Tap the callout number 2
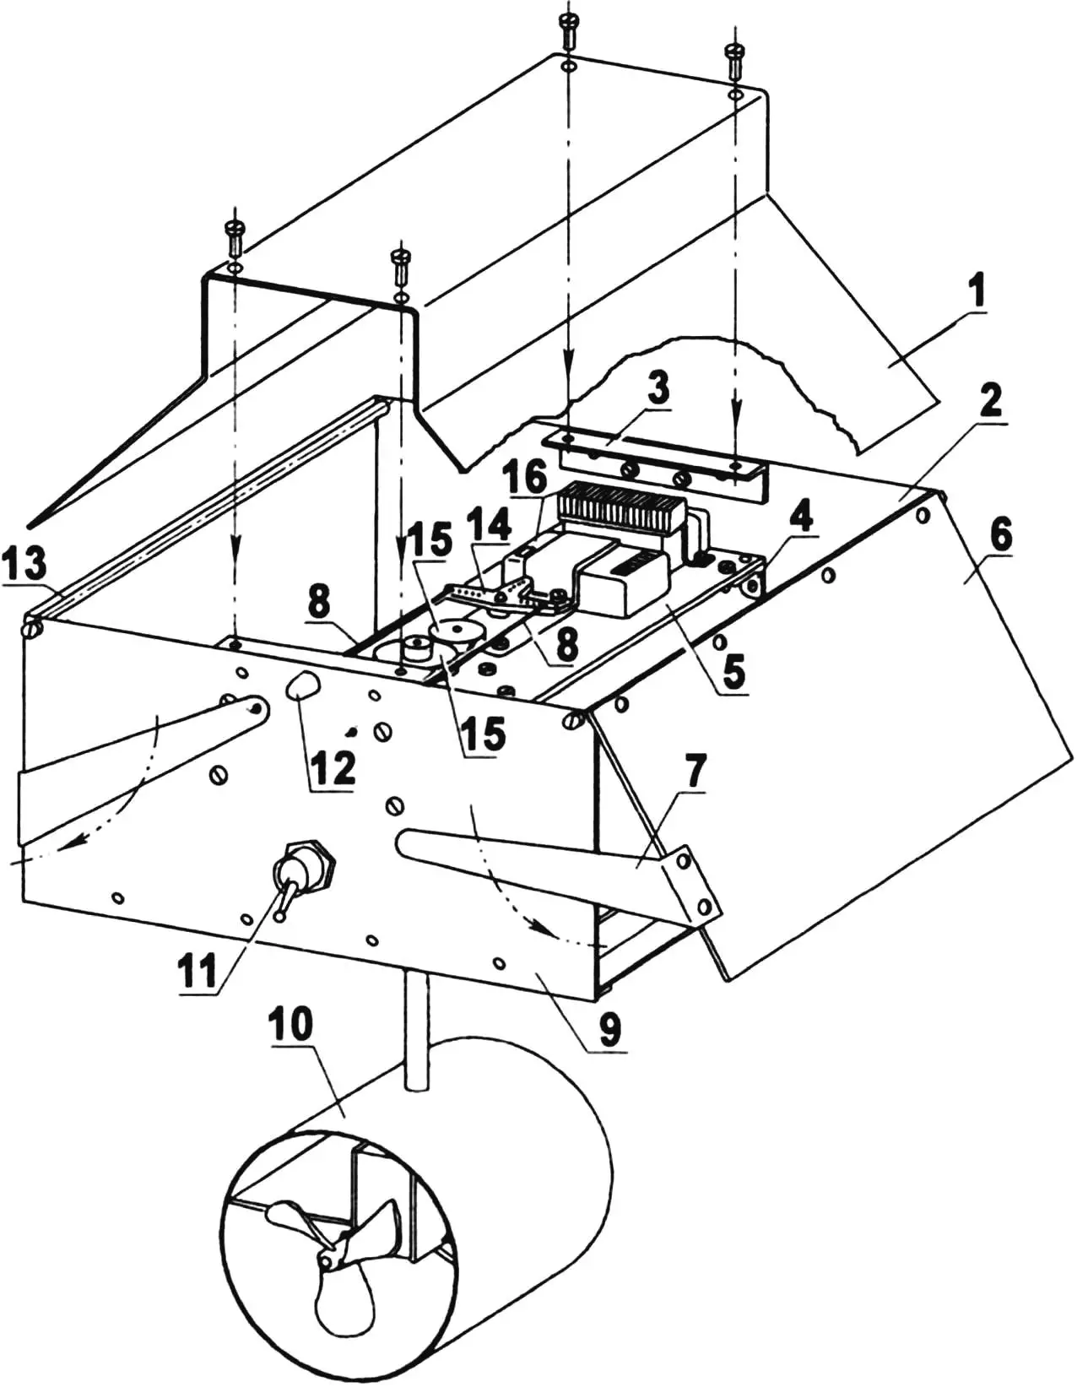point(992,398)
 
